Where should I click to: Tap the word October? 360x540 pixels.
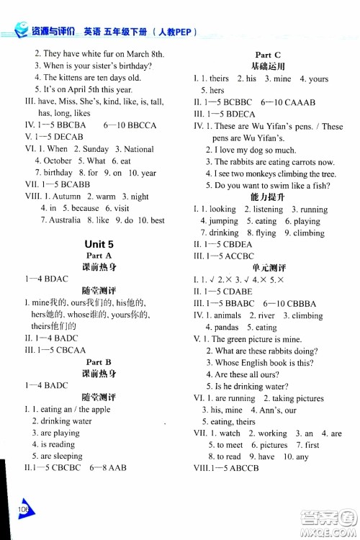click(58, 161)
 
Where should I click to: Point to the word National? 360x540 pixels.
click(139, 149)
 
